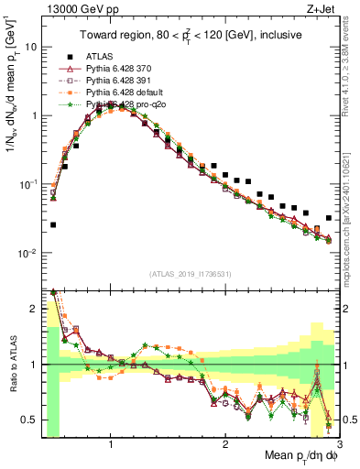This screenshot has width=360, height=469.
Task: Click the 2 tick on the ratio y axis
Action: click(36, 309)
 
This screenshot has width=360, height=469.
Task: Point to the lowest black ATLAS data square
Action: click(53, 224)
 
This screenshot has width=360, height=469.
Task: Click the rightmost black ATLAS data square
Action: click(328, 218)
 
